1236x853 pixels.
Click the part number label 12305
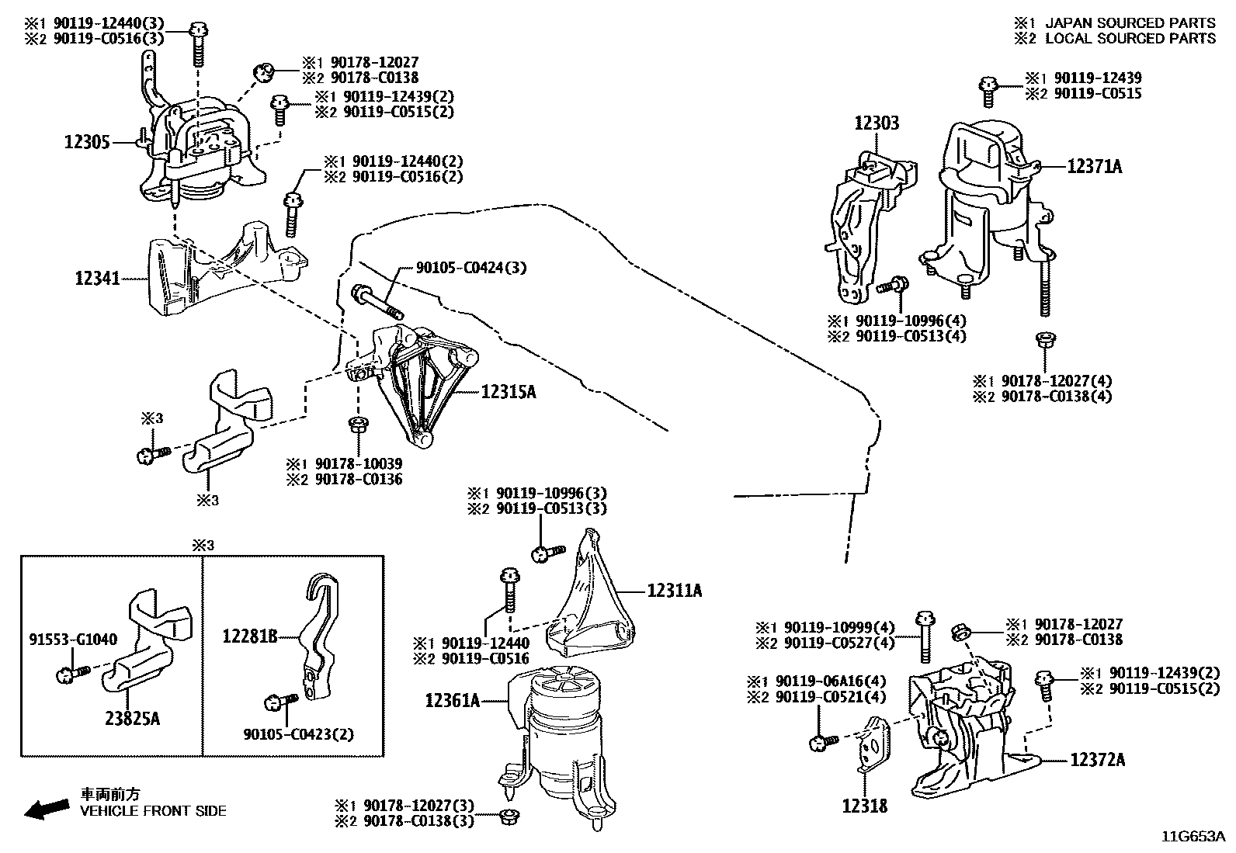87,142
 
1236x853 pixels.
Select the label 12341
98,277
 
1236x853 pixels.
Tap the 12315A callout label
509,392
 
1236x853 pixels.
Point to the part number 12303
877,123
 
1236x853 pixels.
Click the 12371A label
1094,166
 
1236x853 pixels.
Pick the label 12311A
675,591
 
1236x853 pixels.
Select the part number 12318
864,806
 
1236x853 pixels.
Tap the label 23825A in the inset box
132,719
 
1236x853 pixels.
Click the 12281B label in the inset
249,637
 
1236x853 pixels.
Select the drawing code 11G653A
1193,837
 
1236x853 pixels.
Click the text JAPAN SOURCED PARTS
1130,23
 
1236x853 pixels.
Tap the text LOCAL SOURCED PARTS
1130,38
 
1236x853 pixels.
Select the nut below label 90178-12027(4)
1045,338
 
